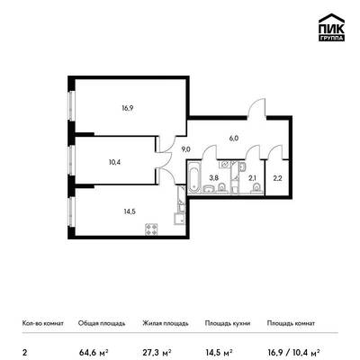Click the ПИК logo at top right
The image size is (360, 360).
pos(331,27)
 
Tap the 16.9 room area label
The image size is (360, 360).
pos(128,108)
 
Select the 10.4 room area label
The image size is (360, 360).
pos(115,162)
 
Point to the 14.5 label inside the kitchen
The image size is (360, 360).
pos(130,211)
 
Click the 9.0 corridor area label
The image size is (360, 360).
pos(186,149)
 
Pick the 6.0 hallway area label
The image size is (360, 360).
pos(234,139)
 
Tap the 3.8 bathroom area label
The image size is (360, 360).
pos(214,178)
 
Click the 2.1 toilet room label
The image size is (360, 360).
pos(252,178)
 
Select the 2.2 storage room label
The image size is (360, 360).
pos(278,178)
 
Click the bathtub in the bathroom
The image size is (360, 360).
pos(194,178)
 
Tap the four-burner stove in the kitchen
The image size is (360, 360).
pos(151,229)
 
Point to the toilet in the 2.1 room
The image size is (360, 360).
pos(256,188)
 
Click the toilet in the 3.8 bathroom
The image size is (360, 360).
pos(221,188)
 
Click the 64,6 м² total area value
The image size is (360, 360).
pos(94,352)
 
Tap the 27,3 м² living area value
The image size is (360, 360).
pos(157,352)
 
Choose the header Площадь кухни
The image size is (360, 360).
pos(228,323)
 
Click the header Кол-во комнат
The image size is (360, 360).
pos(43,323)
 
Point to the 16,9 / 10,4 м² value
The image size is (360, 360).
pos(293,352)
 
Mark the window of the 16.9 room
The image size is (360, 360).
pos(71,105)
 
